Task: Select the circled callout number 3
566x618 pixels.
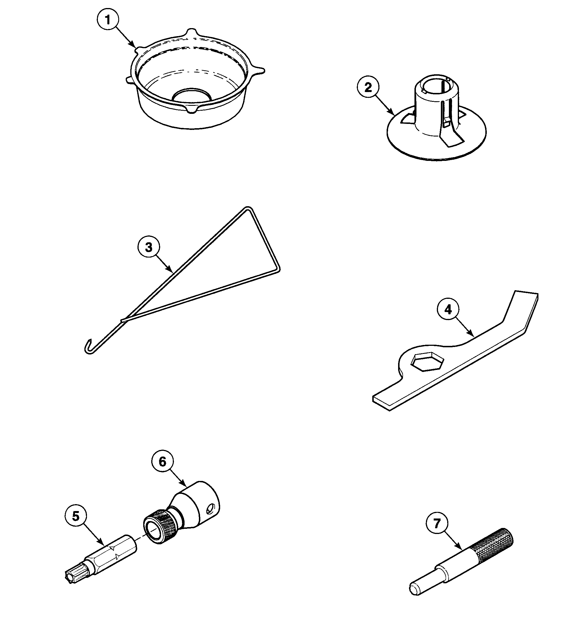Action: tap(149, 247)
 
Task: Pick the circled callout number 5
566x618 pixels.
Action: tap(76, 516)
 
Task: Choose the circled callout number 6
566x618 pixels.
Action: tap(162, 462)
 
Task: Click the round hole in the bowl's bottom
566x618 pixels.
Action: tap(192, 95)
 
